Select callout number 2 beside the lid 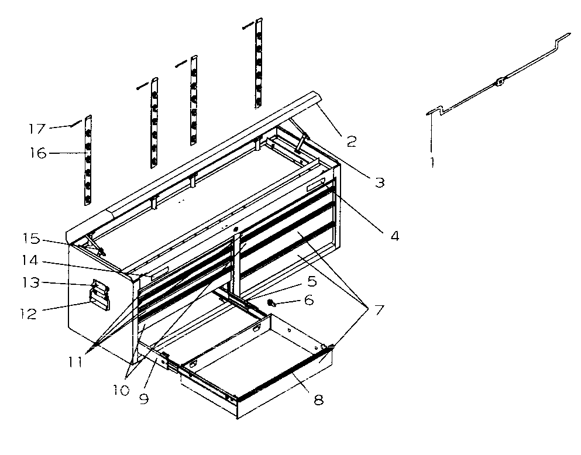[x=351, y=141]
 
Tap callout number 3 [x=380, y=182]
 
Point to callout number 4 [x=395, y=237]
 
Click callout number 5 [x=312, y=281]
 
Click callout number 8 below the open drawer [x=318, y=400]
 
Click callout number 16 [x=39, y=153]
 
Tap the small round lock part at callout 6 [x=272, y=302]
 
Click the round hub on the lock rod [x=499, y=82]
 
